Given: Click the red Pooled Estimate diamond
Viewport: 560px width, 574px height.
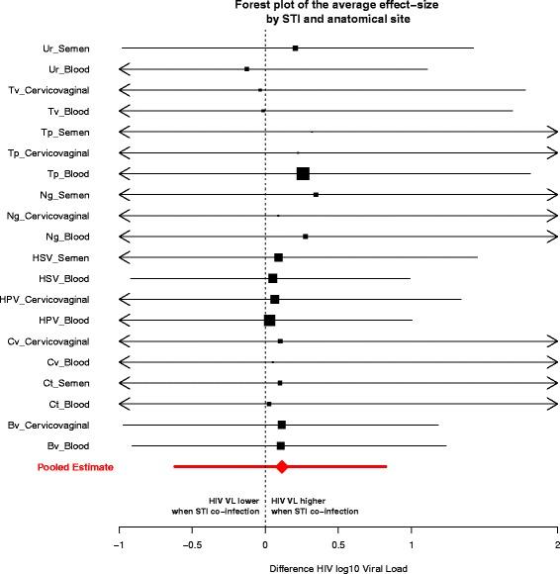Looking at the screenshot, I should (282, 466).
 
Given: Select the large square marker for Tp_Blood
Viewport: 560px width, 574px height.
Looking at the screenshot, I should (303, 173).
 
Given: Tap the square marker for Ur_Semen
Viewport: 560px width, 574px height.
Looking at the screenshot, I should (295, 48).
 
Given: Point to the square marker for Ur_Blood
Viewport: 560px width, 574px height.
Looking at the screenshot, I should (246, 68).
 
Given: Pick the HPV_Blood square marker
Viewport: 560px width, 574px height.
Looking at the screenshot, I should (269, 320).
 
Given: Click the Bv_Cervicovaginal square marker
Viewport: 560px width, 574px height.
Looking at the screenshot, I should (282, 425).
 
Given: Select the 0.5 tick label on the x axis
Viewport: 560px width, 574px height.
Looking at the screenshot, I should (338, 543).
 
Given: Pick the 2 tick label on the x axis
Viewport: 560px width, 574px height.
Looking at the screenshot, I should (557, 543).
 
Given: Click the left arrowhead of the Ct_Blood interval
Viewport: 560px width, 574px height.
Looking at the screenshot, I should (123, 404).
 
